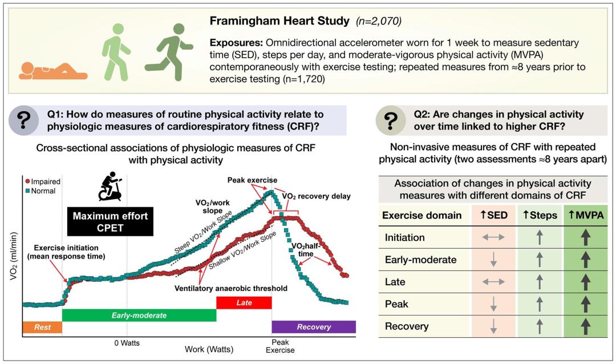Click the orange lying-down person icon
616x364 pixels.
click(53, 71)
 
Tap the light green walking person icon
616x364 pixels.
click(115, 52)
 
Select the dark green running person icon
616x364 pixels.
click(169, 52)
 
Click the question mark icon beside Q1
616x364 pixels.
click(23, 120)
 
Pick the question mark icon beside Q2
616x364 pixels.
click(390, 120)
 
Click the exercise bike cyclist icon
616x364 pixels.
click(110, 186)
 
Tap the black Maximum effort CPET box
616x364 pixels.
click(110, 222)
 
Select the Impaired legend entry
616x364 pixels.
click(43, 181)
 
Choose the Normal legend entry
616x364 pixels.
click(40, 191)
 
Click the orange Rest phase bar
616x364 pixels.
click(42, 327)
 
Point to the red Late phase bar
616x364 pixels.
click(244, 303)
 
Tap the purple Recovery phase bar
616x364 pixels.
click(314, 327)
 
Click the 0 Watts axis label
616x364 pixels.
click(127, 343)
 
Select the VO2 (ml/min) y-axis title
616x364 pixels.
click(14, 256)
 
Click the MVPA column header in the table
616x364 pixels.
click(586, 215)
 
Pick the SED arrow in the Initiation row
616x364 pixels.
click(493, 237)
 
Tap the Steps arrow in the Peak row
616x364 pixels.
click(540, 304)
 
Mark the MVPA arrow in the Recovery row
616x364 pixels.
click(586, 326)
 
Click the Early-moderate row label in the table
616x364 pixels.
click(420, 260)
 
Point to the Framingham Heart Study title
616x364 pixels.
click(279, 21)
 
